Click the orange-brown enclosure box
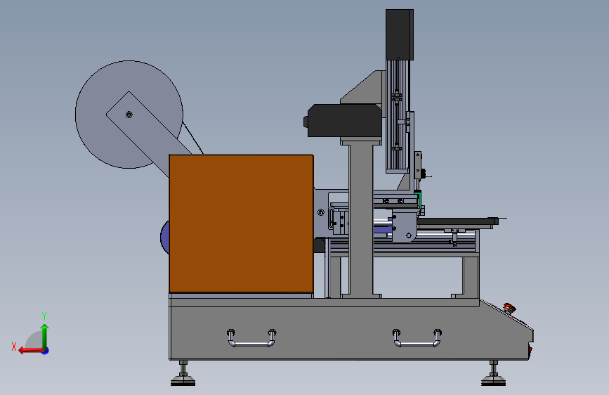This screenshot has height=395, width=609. click(x=241, y=224)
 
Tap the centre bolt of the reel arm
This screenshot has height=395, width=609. click(x=129, y=115)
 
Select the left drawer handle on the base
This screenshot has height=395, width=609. click(x=251, y=338)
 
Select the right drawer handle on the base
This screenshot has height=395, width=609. click(x=417, y=338)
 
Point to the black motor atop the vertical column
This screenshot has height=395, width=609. click(x=399, y=34)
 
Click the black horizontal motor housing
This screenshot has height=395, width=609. click(x=343, y=120)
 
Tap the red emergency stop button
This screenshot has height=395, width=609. click(x=509, y=309)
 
